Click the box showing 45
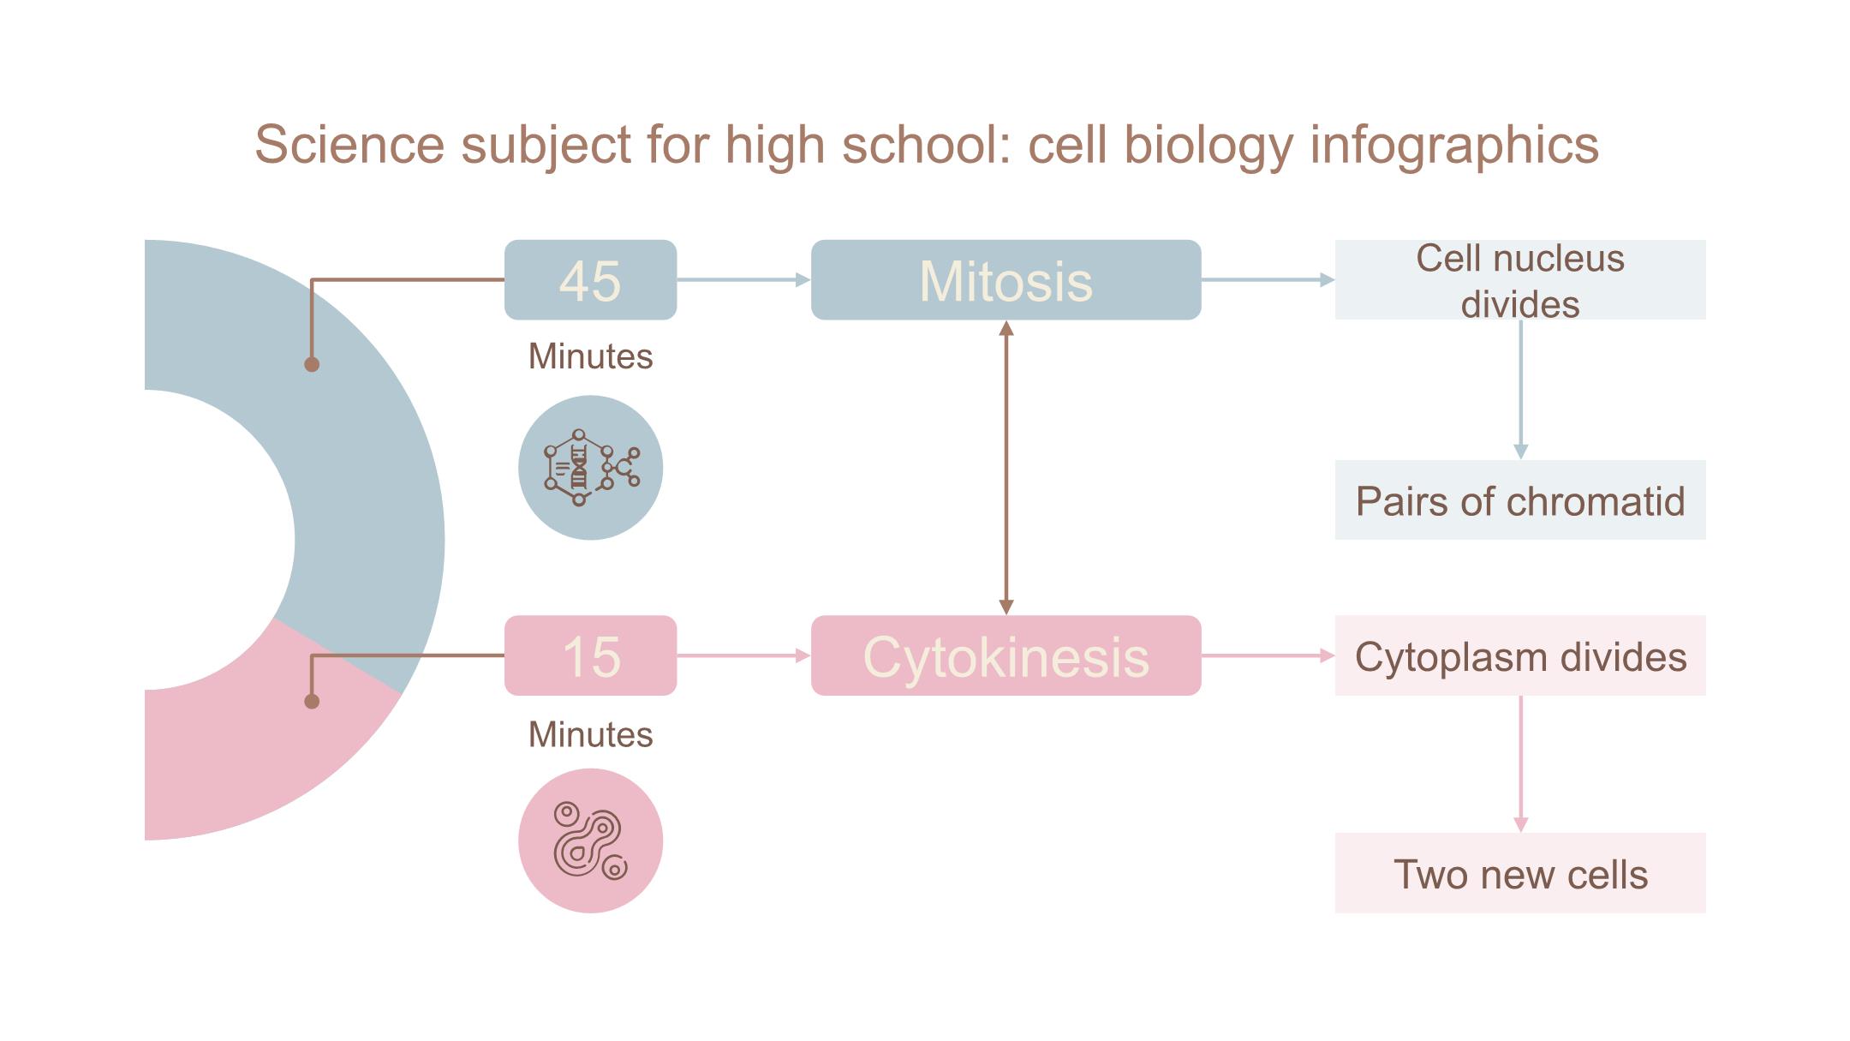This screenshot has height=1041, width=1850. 590,280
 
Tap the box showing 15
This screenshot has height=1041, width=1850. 590,655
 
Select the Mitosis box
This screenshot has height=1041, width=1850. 1006,280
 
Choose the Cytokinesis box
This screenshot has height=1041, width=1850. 1006,655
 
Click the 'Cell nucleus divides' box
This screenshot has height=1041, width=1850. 1519,280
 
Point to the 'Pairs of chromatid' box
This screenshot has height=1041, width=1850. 1519,500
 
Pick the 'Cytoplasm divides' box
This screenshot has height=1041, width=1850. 1519,655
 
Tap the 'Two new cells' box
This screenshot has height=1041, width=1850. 1519,873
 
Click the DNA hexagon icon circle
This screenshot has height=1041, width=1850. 590,468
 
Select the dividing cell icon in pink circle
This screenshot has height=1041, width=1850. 590,841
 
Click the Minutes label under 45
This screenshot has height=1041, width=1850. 590,356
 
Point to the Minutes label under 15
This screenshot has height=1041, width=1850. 590,734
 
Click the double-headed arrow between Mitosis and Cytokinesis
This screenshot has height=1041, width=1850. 1006,468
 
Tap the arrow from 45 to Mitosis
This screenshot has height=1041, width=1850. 743,279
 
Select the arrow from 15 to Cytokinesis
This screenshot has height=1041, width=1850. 743,655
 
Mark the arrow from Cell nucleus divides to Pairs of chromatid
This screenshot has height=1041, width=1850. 1520,390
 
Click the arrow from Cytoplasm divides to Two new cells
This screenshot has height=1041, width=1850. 1520,763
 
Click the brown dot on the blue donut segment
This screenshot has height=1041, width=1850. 312,364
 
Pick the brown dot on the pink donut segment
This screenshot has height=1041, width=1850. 312,701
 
